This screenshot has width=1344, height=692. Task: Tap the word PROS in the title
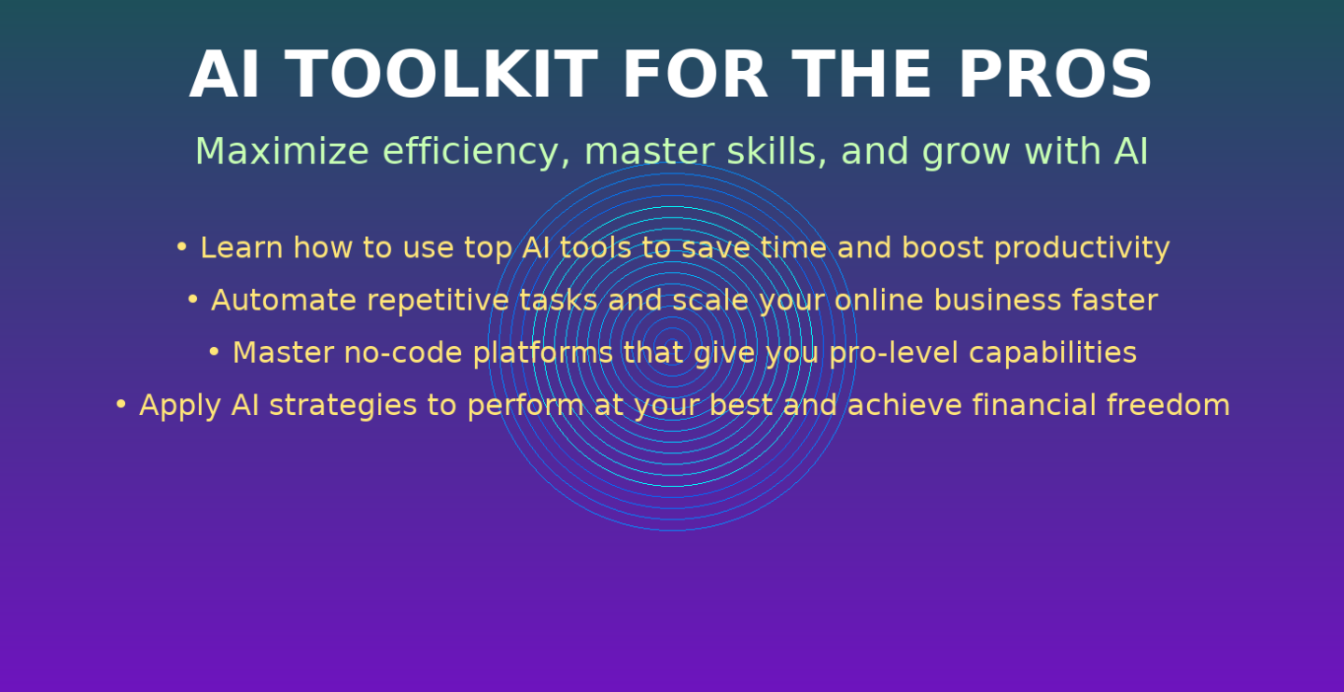[1056, 75]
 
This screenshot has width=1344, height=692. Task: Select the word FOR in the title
[694, 75]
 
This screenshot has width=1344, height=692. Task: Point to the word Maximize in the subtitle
[282, 151]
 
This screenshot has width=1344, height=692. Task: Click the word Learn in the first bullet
[241, 248]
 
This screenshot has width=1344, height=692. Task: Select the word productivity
[1082, 249]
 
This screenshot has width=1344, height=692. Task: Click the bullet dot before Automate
[192, 298]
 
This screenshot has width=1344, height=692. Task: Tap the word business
[998, 299]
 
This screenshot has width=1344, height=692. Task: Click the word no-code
[403, 353]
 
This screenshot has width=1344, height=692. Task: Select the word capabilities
[1053, 353]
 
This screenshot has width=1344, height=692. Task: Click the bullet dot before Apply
[120, 404]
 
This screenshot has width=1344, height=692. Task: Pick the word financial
[1034, 405]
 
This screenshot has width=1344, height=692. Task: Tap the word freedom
[1169, 405]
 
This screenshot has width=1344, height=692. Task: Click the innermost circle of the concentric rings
[672, 336]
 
